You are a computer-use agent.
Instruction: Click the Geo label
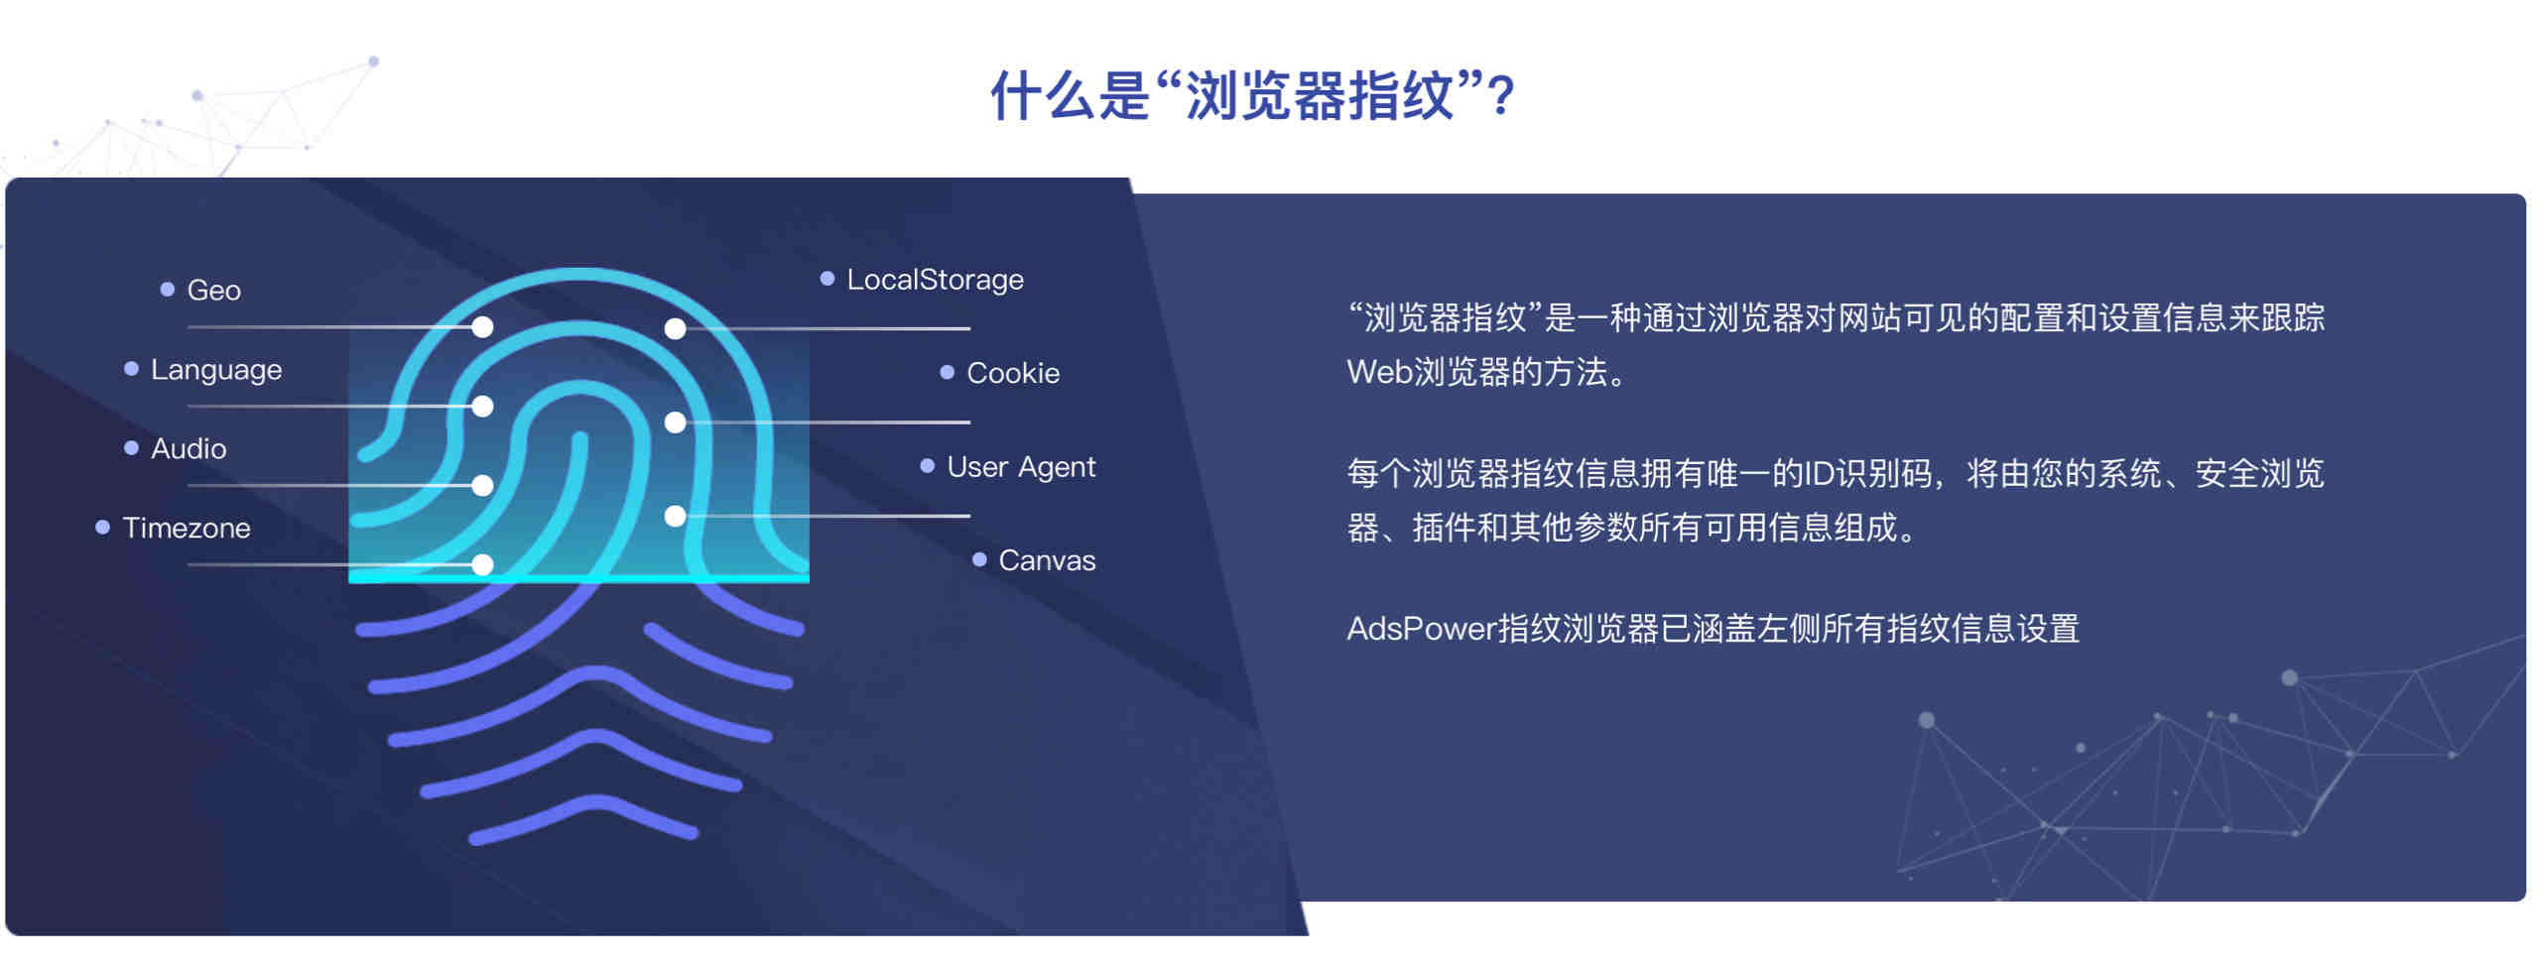[x=214, y=290]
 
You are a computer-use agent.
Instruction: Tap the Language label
[x=216, y=370]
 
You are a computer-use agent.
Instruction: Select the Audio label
[x=189, y=448]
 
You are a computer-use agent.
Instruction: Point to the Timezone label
[x=187, y=528]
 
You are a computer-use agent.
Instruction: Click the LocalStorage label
[x=935, y=280]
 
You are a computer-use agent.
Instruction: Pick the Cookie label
[x=1013, y=373]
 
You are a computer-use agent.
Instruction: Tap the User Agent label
[x=1021, y=467]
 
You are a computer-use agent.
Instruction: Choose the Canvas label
[x=1047, y=560]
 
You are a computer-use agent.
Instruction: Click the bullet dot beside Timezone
[x=102, y=528]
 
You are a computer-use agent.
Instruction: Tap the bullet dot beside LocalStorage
[x=827, y=280]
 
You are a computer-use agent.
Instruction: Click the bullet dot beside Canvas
[x=979, y=560]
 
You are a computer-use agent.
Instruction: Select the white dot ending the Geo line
[x=483, y=327]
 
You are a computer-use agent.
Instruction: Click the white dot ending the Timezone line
[x=483, y=565]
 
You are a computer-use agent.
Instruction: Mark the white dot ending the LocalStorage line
[x=676, y=328]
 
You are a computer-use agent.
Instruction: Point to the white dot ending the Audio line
[x=483, y=486]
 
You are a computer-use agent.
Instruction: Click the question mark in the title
[x=1502, y=97]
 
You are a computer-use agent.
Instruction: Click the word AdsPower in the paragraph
[x=1421, y=629]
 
